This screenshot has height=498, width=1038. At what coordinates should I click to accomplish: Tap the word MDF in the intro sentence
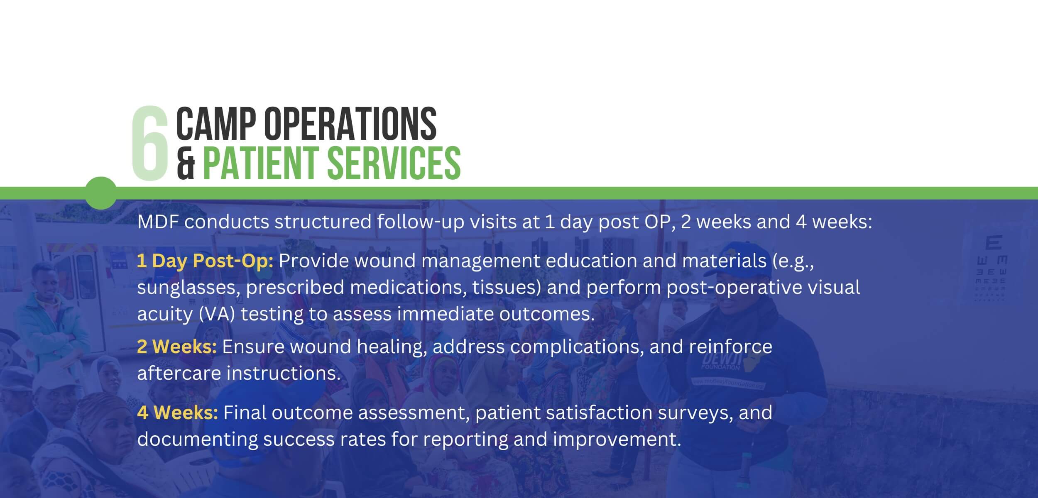tap(157, 222)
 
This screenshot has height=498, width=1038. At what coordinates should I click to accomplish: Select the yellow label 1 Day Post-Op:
tap(205, 261)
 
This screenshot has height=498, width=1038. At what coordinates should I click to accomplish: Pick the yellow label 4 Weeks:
tap(177, 413)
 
